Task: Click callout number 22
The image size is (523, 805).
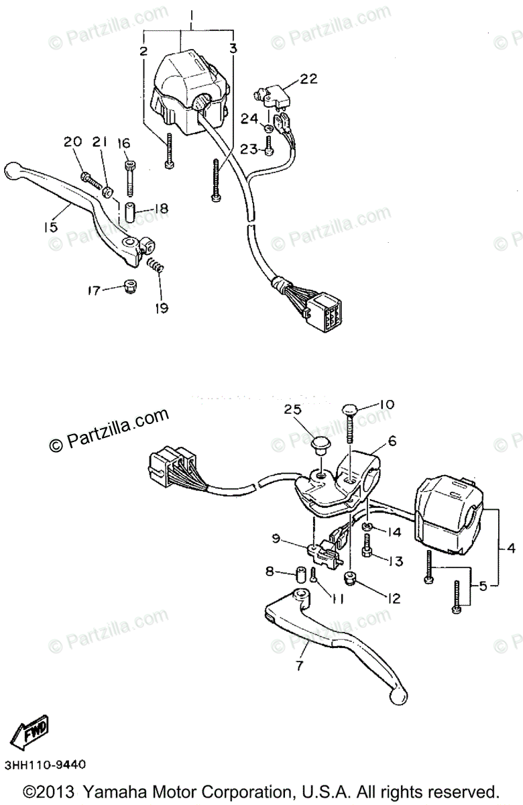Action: pyautogui.click(x=308, y=79)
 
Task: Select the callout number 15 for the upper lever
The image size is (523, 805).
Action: pyautogui.click(x=51, y=227)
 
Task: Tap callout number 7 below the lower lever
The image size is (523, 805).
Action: pyautogui.click(x=299, y=665)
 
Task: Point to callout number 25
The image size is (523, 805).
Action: pyautogui.click(x=292, y=409)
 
